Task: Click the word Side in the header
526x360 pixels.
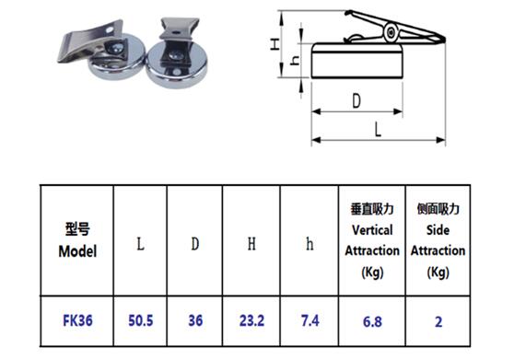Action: (x=438, y=230)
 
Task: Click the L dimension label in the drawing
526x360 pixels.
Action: (x=379, y=130)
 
